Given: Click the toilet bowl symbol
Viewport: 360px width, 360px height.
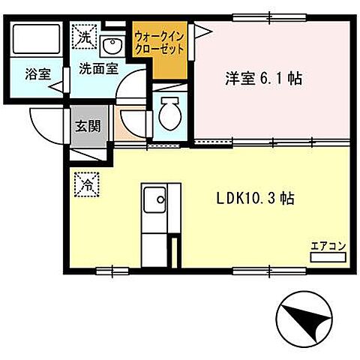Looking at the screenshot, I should (x=169, y=114).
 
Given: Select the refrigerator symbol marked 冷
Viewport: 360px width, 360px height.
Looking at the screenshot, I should (x=85, y=182).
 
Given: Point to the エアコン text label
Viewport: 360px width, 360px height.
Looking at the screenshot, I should (x=327, y=245).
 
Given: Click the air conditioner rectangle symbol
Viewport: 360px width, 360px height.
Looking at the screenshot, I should (x=327, y=257).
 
